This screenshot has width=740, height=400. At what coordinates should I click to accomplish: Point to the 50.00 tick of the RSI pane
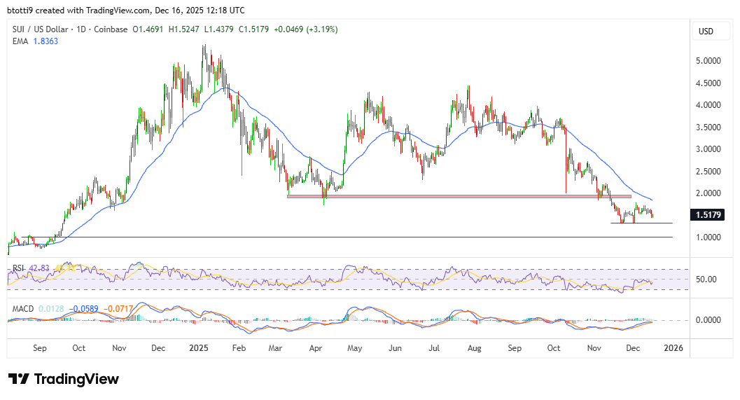point(707,280)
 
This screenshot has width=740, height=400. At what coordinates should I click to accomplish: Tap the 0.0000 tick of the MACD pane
point(708,320)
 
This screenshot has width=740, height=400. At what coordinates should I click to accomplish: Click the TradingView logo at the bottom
point(64,379)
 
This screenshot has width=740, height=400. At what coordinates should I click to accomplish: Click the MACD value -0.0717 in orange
point(118,307)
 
